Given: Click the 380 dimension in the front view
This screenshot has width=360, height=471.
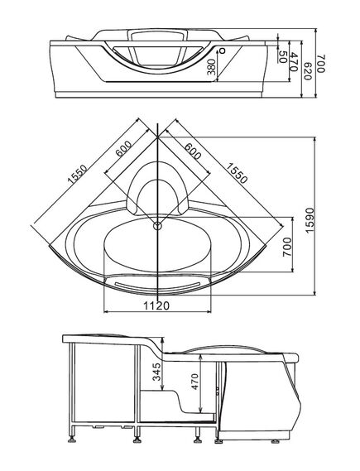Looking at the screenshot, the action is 212,67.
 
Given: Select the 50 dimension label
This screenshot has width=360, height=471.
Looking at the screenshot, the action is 282,57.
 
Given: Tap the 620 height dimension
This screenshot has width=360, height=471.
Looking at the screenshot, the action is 308,71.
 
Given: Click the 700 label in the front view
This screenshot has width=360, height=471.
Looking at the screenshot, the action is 321,64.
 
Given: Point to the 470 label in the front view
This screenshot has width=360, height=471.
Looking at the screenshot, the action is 295,62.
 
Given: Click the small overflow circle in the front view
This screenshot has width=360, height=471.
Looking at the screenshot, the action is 223,50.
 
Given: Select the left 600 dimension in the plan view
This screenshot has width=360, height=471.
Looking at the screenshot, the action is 124,149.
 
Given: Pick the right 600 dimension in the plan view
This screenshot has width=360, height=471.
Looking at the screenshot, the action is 193,151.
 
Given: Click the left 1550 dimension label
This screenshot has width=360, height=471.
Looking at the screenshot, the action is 77,174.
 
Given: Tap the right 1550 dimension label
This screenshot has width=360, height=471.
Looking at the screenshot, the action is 237,173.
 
